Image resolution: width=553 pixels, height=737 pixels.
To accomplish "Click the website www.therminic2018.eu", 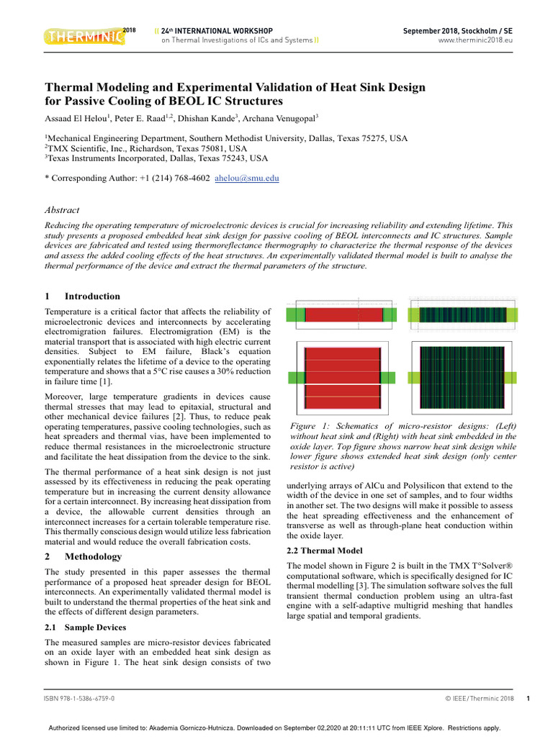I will click(475, 41).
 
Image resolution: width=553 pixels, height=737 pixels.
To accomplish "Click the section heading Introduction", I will click(92, 296).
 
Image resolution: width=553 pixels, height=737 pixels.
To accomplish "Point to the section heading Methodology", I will click(93, 556).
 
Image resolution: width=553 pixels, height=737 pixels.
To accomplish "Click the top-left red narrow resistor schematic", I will click(343, 315).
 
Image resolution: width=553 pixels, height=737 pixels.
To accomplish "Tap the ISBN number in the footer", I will click(79, 699).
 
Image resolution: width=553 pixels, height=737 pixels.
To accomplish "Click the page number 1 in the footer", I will click(528, 699).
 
